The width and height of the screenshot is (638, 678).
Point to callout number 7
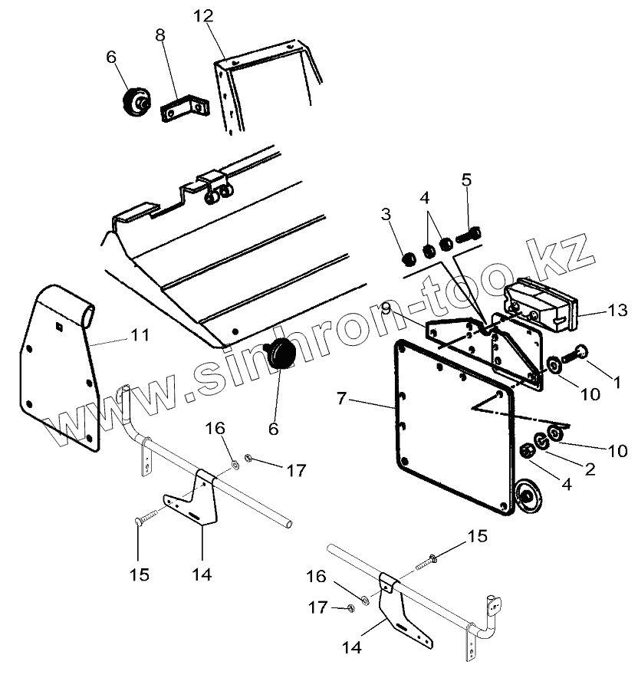[x=343, y=398]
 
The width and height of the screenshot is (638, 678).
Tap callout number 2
[x=589, y=468]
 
